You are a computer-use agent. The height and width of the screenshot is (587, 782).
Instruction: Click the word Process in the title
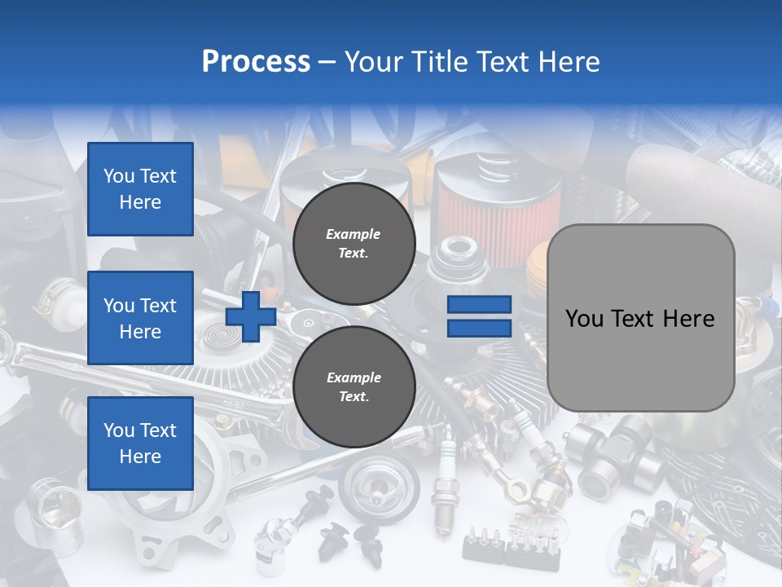pos(256,62)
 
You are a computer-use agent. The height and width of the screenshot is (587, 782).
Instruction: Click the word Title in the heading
pos(438,62)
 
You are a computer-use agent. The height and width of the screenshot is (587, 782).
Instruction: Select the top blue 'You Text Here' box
pos(140,189)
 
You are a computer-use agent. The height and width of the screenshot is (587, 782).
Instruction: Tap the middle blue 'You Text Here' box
pos(140,318)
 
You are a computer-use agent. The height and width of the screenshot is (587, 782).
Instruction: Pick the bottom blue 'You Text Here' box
pos(140,444)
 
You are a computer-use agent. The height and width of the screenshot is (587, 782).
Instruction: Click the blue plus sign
pos(251,317)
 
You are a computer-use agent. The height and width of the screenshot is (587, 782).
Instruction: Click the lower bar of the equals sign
pos(479,329)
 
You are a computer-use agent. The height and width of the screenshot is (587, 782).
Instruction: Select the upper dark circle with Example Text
pos(354,243)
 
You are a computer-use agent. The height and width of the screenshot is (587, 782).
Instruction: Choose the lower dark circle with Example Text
pos(354,386)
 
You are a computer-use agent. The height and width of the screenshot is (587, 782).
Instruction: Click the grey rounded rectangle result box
pos(640,359)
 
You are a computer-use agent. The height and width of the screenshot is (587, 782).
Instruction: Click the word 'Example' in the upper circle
pos(354,234)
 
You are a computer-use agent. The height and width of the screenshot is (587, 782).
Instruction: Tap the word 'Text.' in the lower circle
pos(354,397)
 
